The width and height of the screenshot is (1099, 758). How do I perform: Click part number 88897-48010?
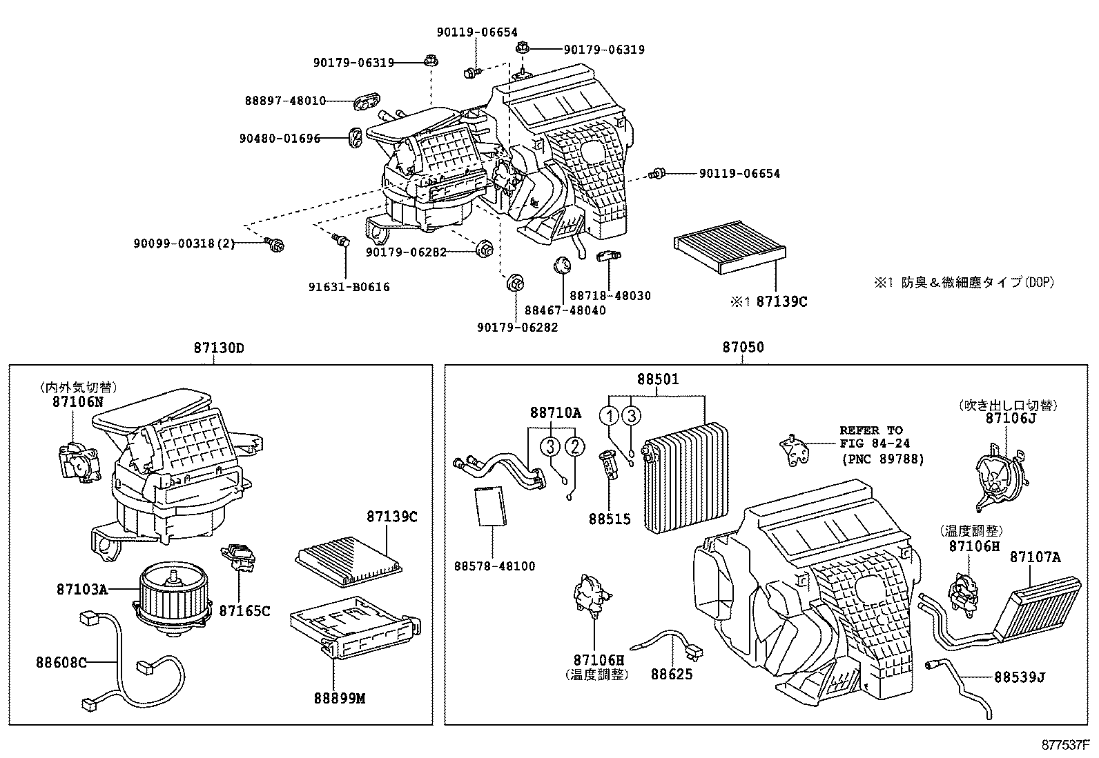pyautogui.click(x=285, y=101)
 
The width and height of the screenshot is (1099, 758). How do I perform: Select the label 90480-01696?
pyautogui.click(x=280, y=139)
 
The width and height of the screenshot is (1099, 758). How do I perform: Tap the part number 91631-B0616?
pyautogui.click(x=349, y=287)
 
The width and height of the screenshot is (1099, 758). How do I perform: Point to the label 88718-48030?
pyautogui.click(x=610, y=296)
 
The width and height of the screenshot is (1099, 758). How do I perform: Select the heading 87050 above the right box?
pyautogui.click(x=743, y=348)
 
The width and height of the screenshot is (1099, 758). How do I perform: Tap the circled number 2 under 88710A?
pyautogui.click(x=575, y=446)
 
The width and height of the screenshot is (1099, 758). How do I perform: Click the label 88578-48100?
pyautogui.click(x=494, y=566)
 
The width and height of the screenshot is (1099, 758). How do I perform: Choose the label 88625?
pyautogui.click(x=671, y=675)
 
